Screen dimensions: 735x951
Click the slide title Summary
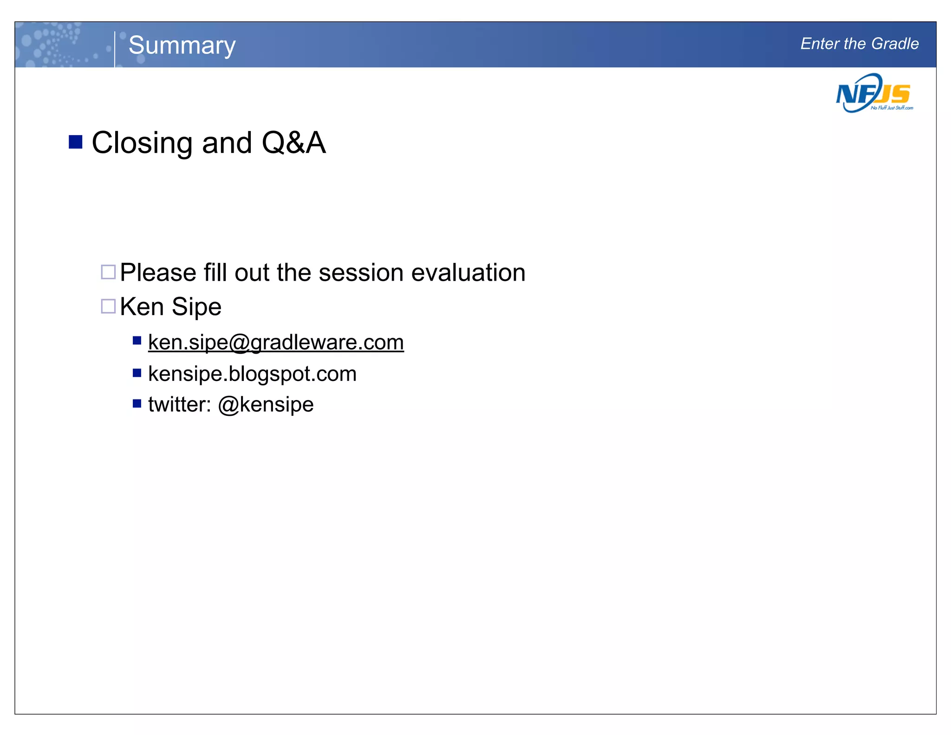coord(182,46)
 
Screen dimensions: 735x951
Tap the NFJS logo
coord(874,93)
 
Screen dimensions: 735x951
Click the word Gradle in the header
coord(895,44)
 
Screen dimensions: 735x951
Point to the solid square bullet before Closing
coord(75,142)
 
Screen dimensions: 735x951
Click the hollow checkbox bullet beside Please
coord(108,272)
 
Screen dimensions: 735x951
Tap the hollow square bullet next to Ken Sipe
coord(108,306)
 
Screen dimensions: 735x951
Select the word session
coord(361,273)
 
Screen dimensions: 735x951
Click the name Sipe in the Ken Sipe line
coord(196,307)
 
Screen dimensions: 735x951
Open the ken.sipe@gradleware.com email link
coord(276,342)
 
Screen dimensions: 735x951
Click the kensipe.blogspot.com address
coord(252,374)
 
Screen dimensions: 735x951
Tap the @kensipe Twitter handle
coord(266,405)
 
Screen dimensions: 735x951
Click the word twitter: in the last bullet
coord(180,405)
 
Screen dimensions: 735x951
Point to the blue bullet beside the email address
coord(137,341)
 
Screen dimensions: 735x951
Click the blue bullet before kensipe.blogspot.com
coord(137,373)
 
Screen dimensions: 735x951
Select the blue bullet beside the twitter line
coord(137,403)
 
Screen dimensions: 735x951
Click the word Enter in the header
coord(820,44)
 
